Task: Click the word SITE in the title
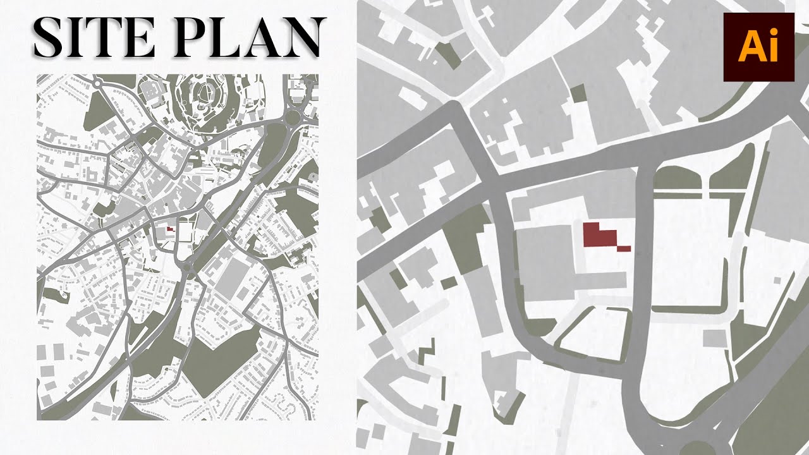[95, 38]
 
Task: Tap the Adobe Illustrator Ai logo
[758, 47]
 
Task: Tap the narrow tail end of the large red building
[624, 248]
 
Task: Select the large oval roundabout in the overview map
[293, 116]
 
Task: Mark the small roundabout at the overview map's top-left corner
[97, 82]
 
